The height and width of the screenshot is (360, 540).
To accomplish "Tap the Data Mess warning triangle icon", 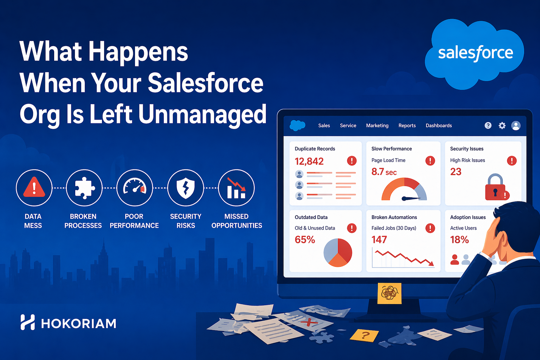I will click(34, 188).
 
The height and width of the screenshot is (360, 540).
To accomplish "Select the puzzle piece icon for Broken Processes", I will click(84, 188).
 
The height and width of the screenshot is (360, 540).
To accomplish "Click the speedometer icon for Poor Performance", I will click(134, 188).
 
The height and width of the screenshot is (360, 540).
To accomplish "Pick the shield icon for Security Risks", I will click(185, 188).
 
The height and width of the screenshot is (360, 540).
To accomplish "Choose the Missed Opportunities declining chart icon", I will click(236, 188).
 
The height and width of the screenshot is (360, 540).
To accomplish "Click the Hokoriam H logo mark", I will click(28, 322).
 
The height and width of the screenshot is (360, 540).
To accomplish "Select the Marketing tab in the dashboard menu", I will click(377, 126).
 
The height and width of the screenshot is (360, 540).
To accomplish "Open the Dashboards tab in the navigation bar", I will click(438, 126).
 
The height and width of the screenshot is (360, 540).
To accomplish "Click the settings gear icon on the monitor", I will click(502, 126).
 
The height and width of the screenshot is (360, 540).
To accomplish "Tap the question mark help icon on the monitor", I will click(488, 126).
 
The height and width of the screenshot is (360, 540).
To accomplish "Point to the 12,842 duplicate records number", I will click(309, 161).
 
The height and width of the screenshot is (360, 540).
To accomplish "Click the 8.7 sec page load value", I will click(384, 172).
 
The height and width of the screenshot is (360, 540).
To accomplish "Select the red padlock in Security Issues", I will click(495, 188).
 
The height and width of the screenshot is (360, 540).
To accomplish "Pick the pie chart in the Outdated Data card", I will click(337, 252).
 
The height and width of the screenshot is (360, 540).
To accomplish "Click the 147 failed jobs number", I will click(379, 240).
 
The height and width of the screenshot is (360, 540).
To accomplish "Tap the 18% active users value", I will click(459, 240).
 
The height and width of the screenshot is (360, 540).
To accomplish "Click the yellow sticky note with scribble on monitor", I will click(390, 293).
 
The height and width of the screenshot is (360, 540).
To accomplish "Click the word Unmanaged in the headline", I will click(202, 115).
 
